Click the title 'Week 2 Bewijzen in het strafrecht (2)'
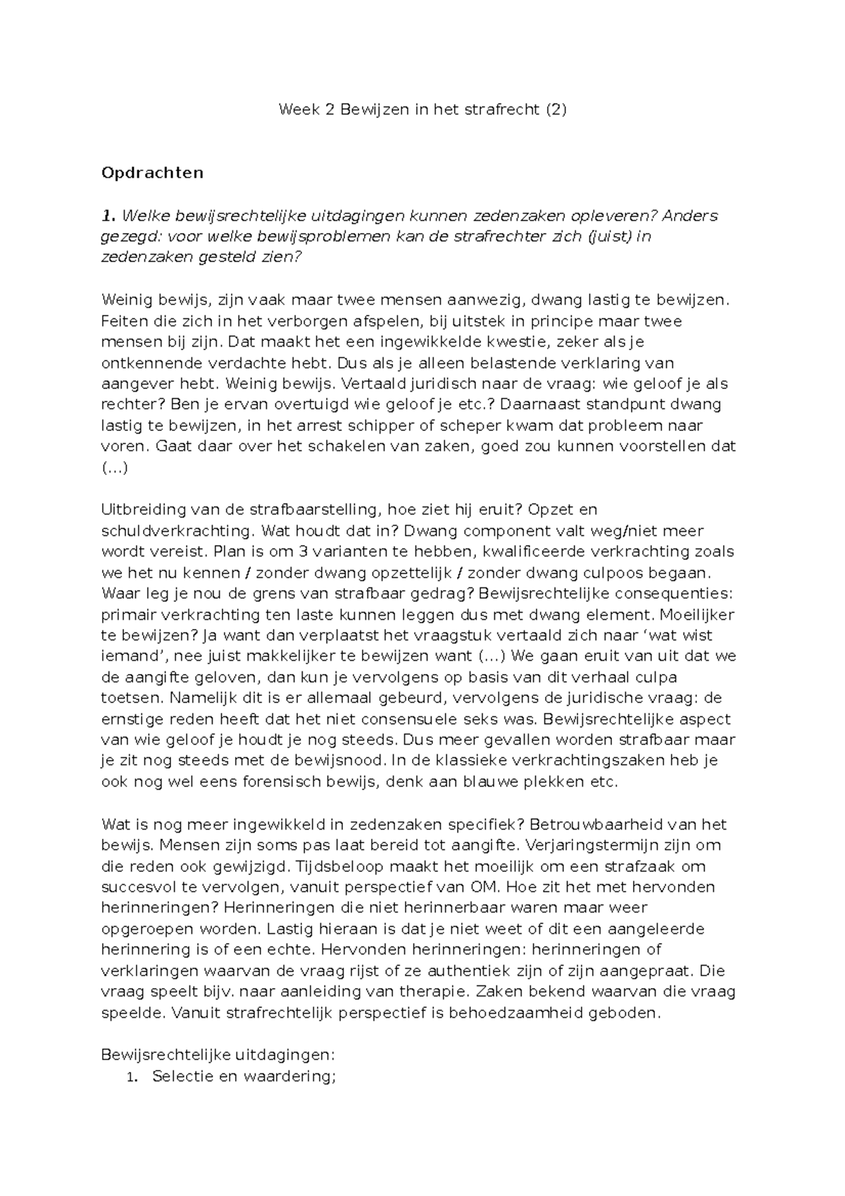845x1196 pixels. [x=422, y=109]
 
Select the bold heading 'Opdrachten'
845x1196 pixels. [x=152, y=173]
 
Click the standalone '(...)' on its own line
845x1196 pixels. [x=115, y=468]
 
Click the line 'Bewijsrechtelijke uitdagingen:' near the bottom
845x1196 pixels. [x=218, y=1055]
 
